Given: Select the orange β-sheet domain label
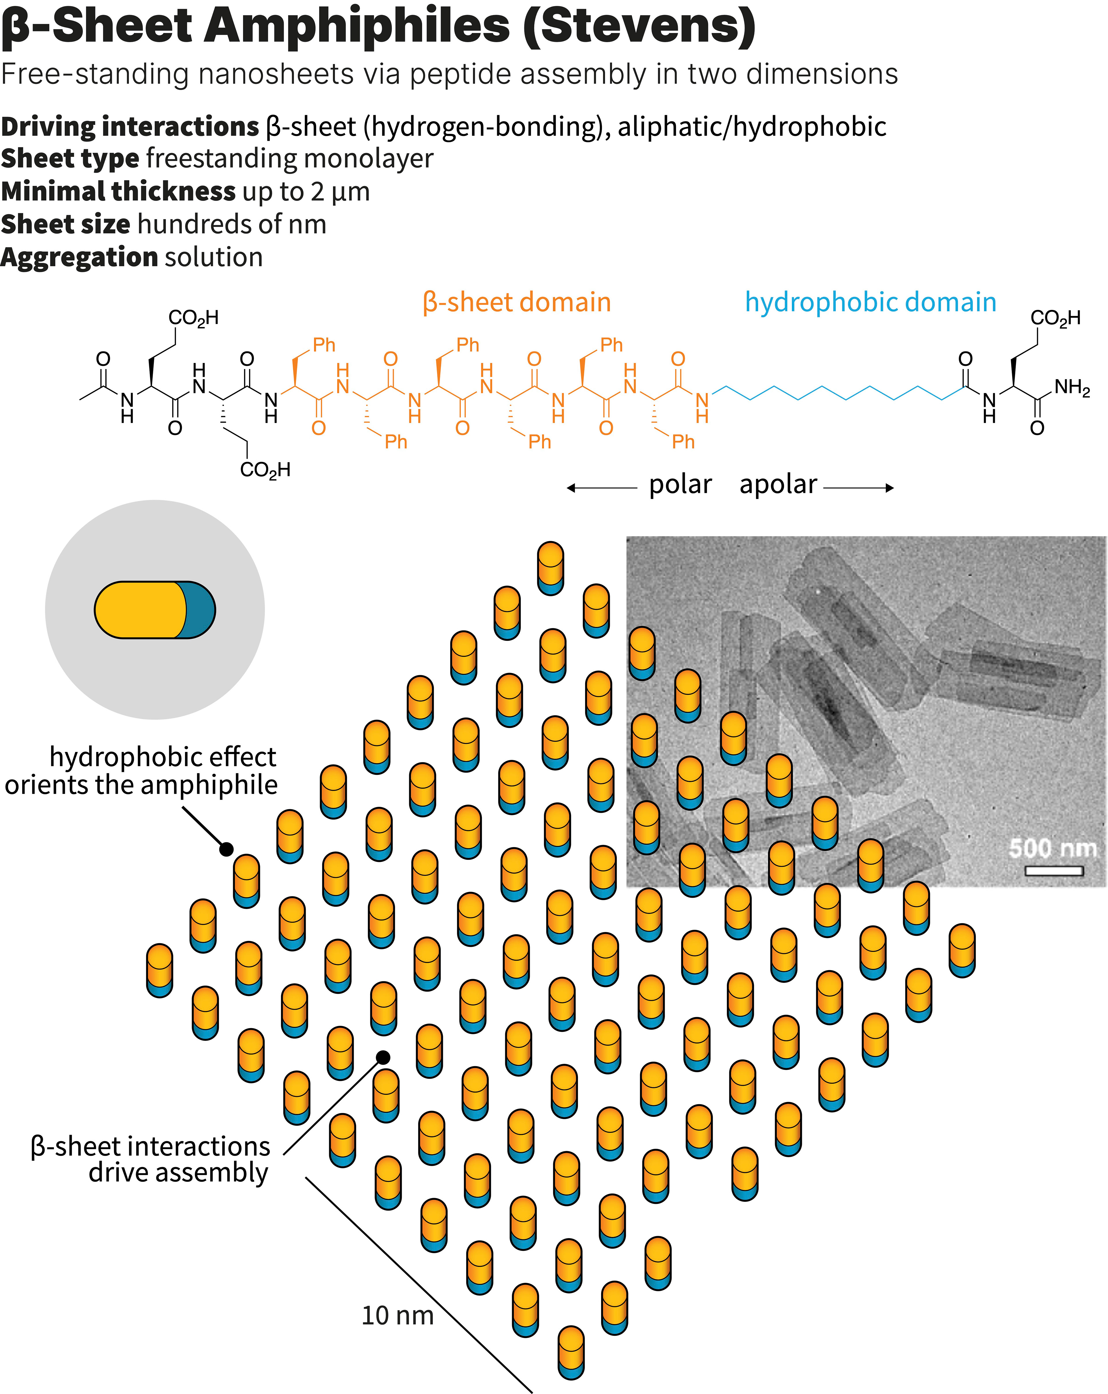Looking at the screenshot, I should click(516, 303).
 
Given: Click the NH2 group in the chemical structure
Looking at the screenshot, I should click(1072, 388).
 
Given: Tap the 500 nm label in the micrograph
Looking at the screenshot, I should click(1052, 848).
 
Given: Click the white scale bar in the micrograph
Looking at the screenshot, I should click(1054, 871).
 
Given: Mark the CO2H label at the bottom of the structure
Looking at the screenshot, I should click(265, 470).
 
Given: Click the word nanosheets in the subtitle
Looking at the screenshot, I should click(276, 74).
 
